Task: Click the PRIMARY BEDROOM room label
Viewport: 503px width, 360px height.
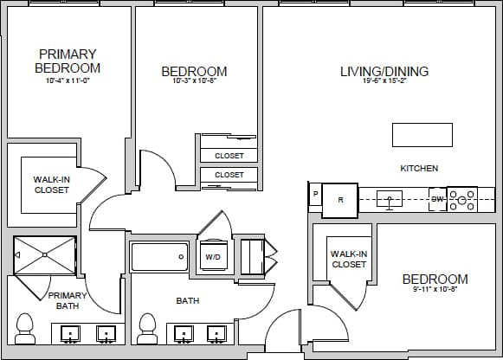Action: pos(68,61)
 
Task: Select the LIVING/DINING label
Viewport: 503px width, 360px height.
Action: pos(384,71)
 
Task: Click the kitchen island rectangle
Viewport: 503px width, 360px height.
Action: pos(422,135)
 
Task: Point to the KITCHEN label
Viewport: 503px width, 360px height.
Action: pos(418,168)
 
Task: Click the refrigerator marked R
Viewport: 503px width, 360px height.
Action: pos(340,200)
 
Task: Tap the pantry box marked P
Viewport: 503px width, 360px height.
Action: pos(315,194)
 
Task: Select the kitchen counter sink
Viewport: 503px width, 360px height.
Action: pos(390,201)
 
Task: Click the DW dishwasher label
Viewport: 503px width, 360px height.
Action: pos(437,200)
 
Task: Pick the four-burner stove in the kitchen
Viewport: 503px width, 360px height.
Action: pos(461,200)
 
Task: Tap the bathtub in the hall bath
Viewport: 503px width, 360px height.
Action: pos(159,257)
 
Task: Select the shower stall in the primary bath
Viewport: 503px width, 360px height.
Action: pos(45,254)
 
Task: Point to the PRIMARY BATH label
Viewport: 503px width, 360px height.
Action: pos(68,300)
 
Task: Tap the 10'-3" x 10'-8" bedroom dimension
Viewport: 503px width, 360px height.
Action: pos(194,82)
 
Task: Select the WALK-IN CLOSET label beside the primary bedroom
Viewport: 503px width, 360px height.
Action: pos(51,184)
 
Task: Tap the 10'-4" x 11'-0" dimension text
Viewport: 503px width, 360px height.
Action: pos(68,80)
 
